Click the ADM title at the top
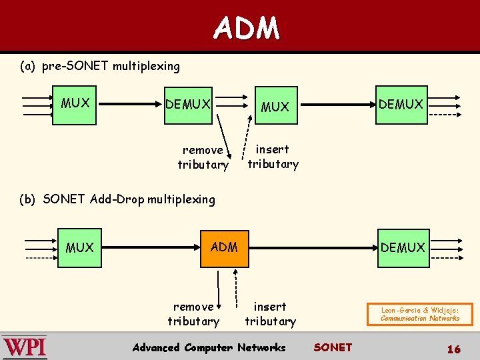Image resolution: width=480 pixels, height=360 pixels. [x=247, y=28]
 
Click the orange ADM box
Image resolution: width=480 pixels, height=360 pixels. [x=224, y=247]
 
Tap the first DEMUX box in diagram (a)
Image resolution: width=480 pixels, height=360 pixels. [x=188, y=105]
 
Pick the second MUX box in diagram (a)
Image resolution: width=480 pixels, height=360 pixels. [x=275, y=106]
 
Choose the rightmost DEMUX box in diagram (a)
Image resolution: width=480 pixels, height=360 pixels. [x=401, y=105]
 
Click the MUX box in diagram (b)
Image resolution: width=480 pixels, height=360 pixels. [x=80, y=247]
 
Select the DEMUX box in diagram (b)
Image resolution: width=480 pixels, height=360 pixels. [x=403, y=247]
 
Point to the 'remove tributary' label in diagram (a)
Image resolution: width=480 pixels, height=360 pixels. [x=203, y=157]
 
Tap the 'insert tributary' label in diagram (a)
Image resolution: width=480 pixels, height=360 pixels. [x=273, y=157]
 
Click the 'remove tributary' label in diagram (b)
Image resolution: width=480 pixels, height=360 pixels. [x=193, y=314]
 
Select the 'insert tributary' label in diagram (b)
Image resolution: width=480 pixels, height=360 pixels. [x=270, y=314]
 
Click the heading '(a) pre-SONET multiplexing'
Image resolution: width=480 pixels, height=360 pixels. [x=100, y=66]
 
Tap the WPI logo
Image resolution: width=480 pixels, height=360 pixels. [x=25, y=347]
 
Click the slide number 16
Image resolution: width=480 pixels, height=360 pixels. [x=453, y=349]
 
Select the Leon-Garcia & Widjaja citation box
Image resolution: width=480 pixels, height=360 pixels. [x=420, y=314]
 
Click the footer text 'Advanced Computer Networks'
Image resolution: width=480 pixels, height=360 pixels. [x=209, y=347]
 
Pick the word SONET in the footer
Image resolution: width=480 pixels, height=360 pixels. [x=332, y=347]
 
